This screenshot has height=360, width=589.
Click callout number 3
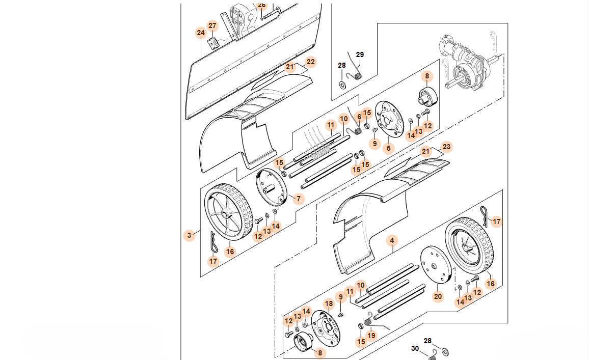pyautogui.click(x=190, y=235)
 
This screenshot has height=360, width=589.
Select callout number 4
pyautogui.click(x=392, y=240)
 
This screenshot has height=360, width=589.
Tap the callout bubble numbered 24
pyautogui.click(x=201, y=33)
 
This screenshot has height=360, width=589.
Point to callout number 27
pyautogui.click(x=212, y=26)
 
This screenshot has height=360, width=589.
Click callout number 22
pyautogui.click(x=311, y=62)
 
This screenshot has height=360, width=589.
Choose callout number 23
pyautogui.click(x=447, y=147)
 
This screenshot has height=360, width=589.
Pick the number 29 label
pyautogui.click(x=360, y=55)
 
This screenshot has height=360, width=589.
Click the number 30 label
pyautogui.click(x=415, y=348)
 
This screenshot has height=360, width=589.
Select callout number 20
pyautogui.click(x=438, y=296)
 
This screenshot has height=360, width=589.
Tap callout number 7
pyautogui.click(x=299, y=198)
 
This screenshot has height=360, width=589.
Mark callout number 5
pyautogui.click(x=389, y=148)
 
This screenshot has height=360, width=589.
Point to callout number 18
pyautogui.click(x=329, y=304)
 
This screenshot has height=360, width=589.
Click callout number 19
pyautogui.click(x=371, y=336)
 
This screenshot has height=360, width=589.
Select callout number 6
pyautogui.click(x=359, y=117)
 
